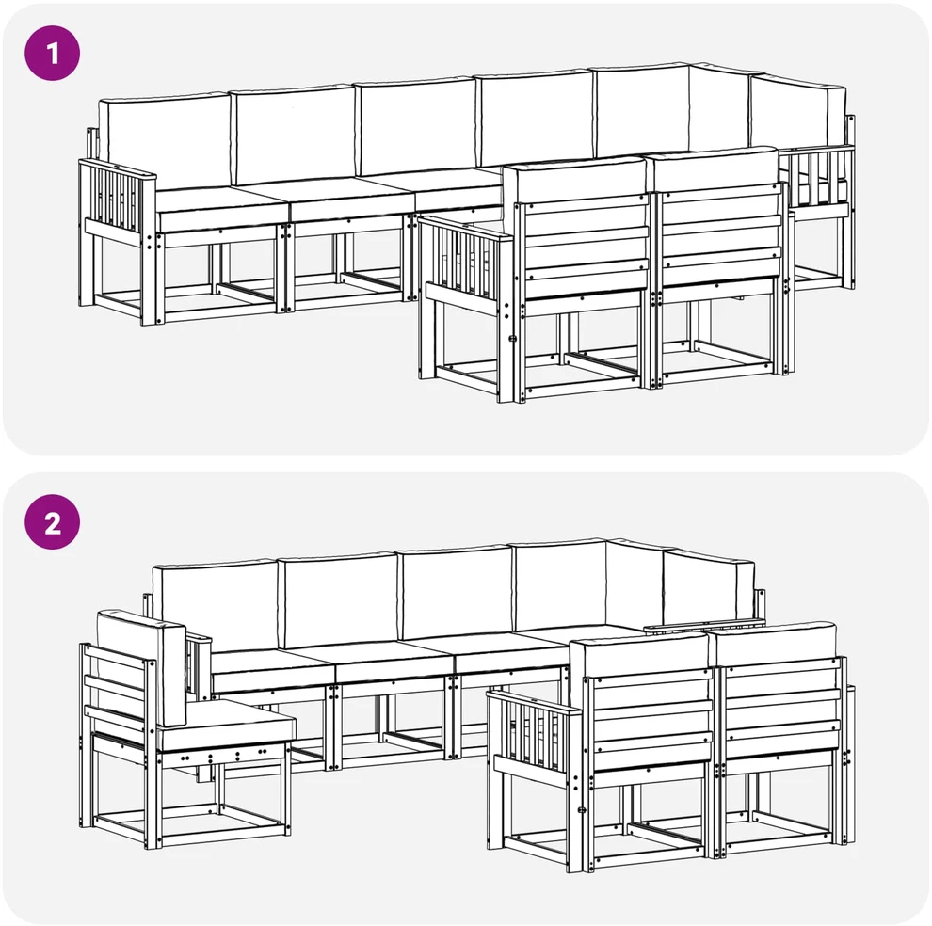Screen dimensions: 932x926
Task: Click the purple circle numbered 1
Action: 53,53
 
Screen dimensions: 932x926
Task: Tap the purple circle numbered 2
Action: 53,522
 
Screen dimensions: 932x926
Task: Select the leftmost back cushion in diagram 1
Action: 164,143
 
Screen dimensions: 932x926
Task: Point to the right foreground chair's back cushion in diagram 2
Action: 773,643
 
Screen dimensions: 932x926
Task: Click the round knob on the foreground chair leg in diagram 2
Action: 582,809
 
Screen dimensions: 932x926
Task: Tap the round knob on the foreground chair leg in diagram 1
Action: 512,339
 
